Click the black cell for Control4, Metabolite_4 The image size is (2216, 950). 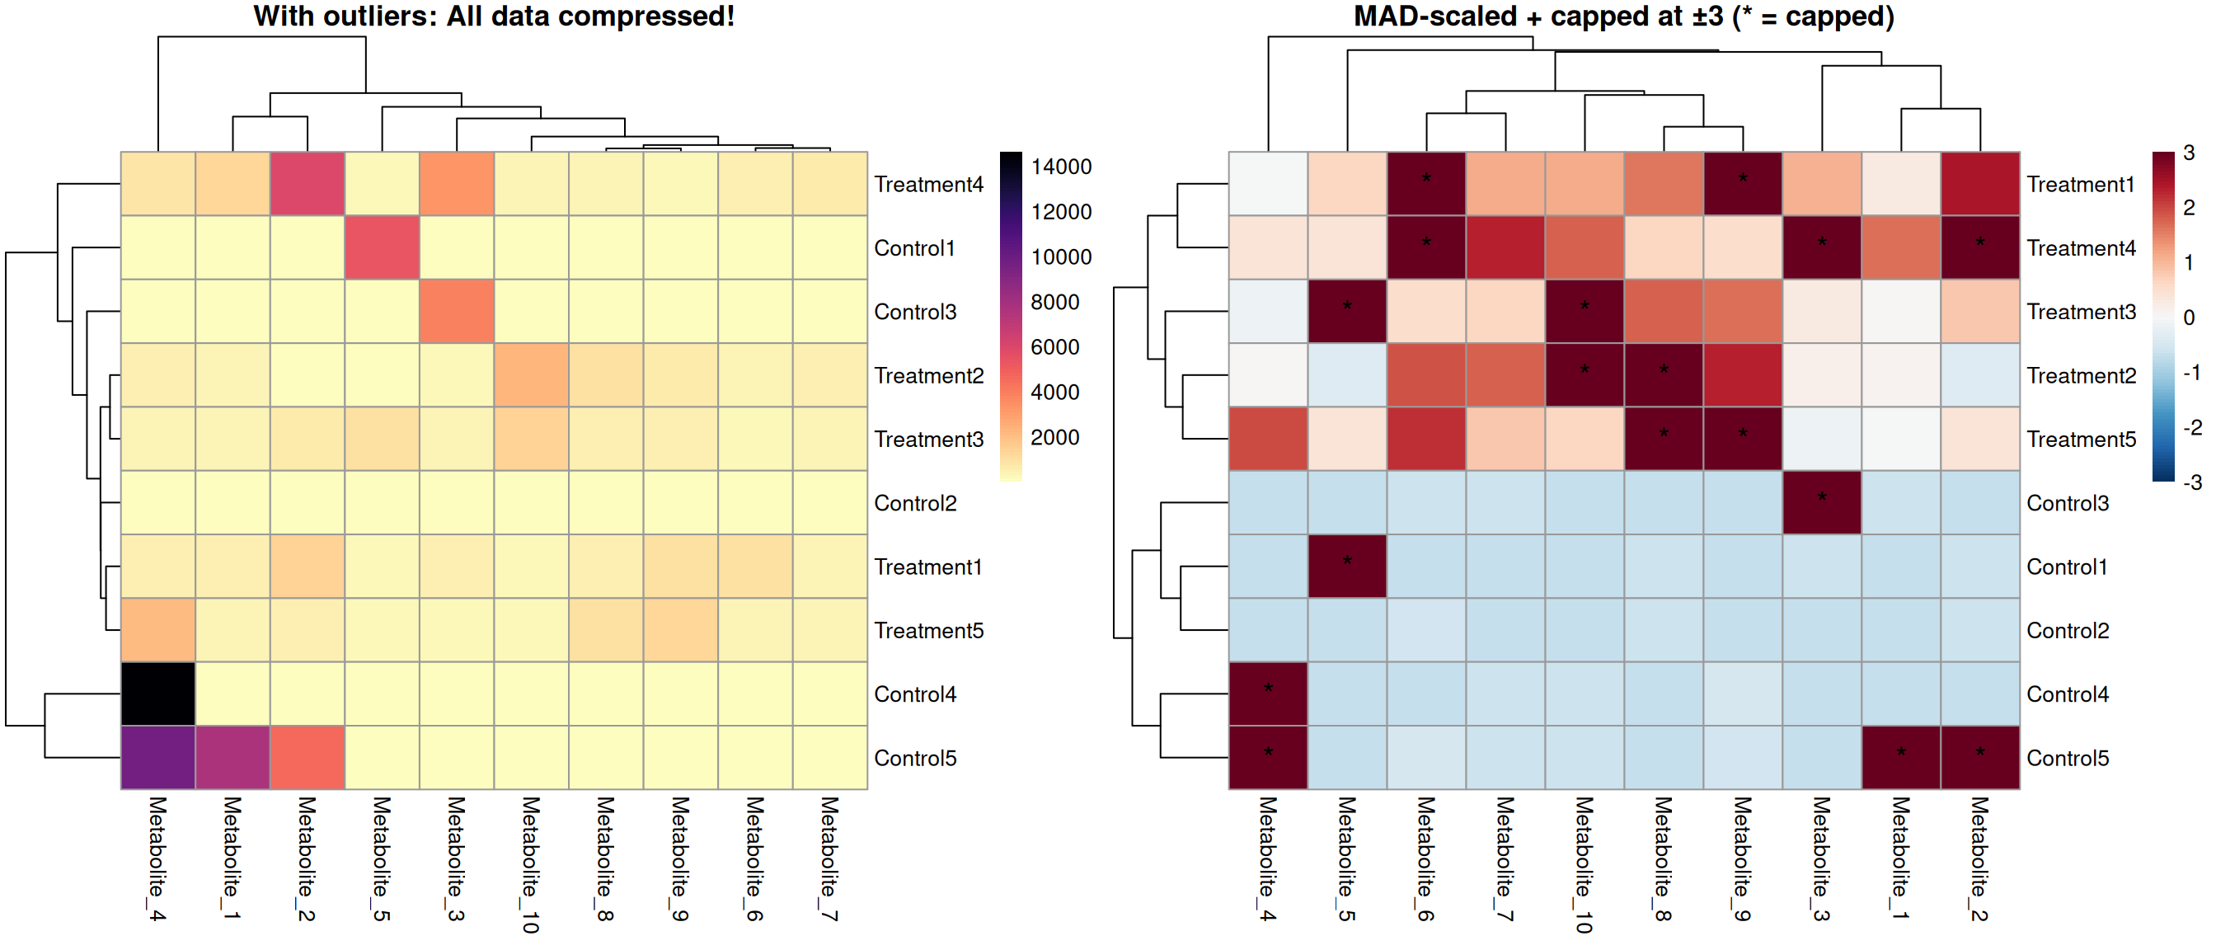[158, 694]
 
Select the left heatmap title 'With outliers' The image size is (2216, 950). [494, 16]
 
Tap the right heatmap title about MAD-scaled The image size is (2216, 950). [1623, 16]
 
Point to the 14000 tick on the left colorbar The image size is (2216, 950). [1061, 167]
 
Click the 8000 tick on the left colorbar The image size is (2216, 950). [1054, 302]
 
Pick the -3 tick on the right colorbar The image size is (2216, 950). [2192, 482]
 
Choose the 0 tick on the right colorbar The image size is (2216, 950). [2190, 317]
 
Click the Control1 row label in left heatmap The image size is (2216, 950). [914, 248]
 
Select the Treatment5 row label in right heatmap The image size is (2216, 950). [2081, 440]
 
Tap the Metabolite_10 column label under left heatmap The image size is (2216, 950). [531, 864]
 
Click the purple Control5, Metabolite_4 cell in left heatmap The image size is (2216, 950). [158, 757]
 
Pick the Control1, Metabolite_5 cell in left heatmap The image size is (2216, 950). [382, 248]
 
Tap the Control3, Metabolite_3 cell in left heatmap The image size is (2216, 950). [457, 312]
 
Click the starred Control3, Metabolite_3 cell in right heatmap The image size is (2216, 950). [1821, 502]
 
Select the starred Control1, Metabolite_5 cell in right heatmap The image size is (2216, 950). [1347, 567]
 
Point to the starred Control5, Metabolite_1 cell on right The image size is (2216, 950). [1900, 757]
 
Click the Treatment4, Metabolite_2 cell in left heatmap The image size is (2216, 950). [308, 184]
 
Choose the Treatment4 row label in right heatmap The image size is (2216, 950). [2081, 248]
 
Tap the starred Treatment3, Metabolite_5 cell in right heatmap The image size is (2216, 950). [1347, 312]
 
